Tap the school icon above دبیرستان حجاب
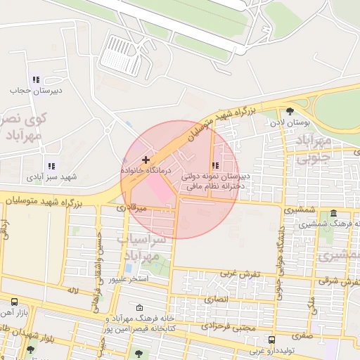(35, 80)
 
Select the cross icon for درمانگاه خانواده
(146, 160)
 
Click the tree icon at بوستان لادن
(290, 110)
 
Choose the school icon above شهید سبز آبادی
(51, 166)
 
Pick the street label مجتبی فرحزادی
(226, 326)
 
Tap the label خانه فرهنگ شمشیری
(328, 224)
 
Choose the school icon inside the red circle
(214, 165)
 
